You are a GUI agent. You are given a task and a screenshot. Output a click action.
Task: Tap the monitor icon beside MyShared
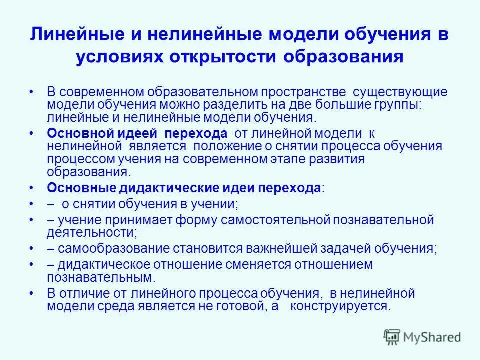(393, 337)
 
